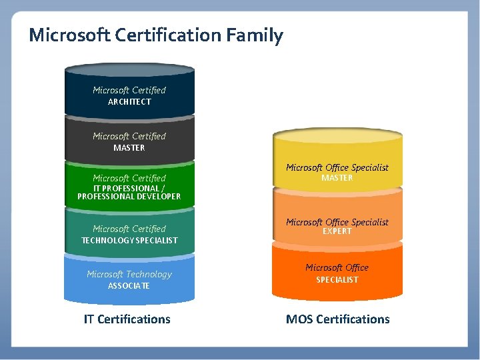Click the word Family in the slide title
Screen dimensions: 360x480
[257, 35]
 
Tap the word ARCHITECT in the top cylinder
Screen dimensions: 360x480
[129, 102]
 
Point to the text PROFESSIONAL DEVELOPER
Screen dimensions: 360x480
[129, 197]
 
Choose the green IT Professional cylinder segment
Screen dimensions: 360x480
[129, 169]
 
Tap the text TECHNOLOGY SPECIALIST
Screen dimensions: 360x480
[129, 240]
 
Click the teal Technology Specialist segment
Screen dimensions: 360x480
[129, 217]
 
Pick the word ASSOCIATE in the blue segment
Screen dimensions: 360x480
[129, 286]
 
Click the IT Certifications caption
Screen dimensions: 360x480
[127, 319]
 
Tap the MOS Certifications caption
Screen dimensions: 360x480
[337, 319]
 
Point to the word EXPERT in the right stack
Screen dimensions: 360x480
[337, 231]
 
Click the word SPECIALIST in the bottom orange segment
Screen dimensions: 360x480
[337, 280]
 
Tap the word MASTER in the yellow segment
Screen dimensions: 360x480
[337, 178]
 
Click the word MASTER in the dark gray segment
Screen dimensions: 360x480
[129, 148]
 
